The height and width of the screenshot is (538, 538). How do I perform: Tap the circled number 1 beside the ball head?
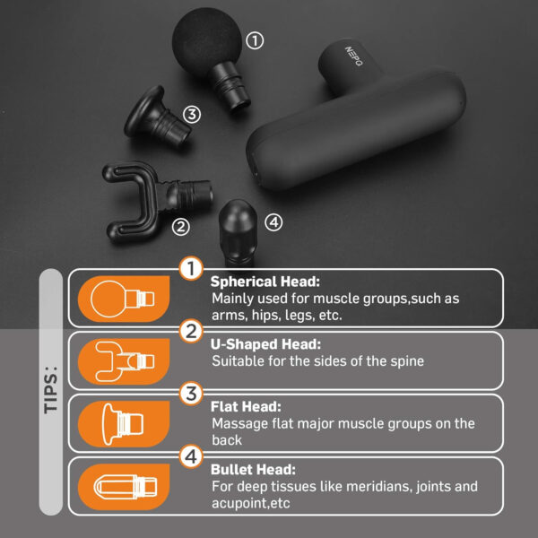coord(255,40)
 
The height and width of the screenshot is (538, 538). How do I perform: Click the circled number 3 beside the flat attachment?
coord(191,114)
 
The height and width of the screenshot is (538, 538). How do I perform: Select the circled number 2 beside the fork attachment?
coord(181,226)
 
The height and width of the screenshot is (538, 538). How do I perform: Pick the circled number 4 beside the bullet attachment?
coord(273,221)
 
